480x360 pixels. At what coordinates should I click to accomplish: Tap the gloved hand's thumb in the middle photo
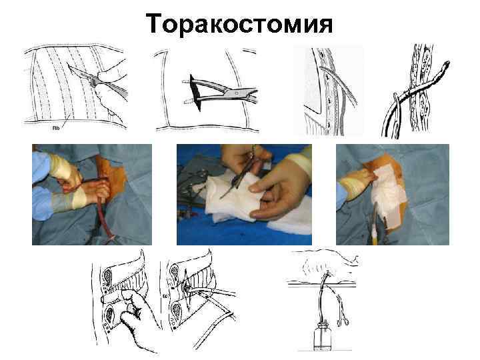pos(263,183)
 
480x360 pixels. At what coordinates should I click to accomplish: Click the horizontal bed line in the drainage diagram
pos(327,286)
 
